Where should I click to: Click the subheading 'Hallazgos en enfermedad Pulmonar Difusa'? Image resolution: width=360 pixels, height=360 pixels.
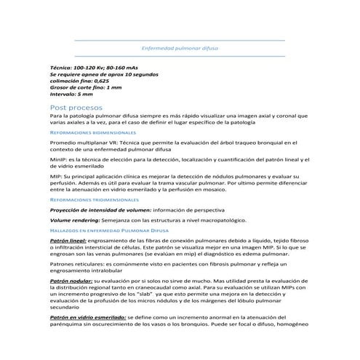pos(108,229)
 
